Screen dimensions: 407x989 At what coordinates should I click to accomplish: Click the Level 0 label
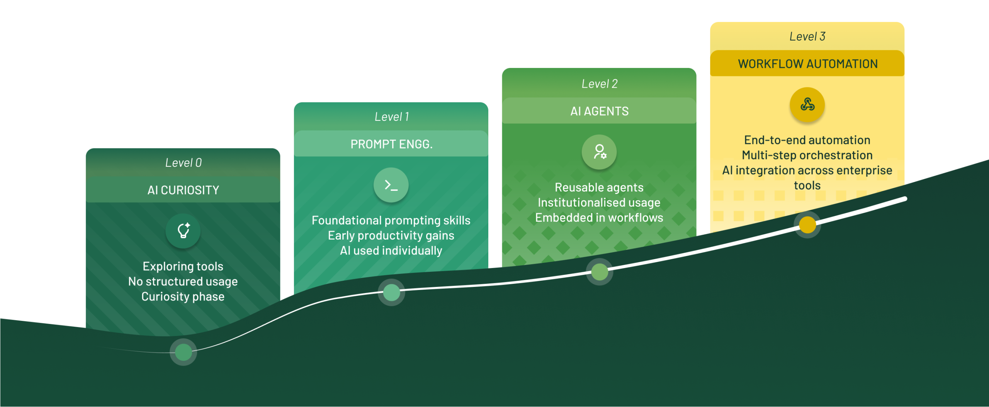[183, 163]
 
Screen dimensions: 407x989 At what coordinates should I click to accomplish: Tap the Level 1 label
[391, 117]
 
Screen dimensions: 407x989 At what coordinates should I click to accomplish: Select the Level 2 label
[599, 84]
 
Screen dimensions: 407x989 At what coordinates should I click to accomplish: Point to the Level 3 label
[807, 37]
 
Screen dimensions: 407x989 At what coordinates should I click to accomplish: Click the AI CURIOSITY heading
[183, 190]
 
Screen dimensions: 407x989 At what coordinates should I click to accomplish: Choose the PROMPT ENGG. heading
[391, 144]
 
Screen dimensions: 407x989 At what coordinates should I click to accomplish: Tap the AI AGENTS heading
[599, 111]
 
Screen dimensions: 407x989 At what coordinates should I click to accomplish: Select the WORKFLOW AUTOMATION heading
[807, 64]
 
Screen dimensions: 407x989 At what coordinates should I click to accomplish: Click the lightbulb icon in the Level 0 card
[183, 231]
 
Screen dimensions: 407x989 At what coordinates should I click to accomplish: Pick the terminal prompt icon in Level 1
[391, 185]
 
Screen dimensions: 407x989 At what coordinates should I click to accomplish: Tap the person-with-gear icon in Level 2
[599, 152]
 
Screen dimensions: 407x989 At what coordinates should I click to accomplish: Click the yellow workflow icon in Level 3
[807, 105]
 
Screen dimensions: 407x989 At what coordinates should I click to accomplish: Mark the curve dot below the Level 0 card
[183, 352]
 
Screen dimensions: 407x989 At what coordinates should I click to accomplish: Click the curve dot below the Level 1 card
[391, 292]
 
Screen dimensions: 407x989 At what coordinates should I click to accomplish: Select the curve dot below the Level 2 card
[599, 272]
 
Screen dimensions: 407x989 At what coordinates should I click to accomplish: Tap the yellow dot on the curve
[807, 225]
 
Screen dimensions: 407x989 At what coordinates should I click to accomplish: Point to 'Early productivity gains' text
[391, 236]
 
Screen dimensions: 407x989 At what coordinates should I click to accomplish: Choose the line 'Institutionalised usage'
[599, 203]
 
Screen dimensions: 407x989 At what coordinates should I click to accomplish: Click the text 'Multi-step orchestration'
[807, 155]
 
